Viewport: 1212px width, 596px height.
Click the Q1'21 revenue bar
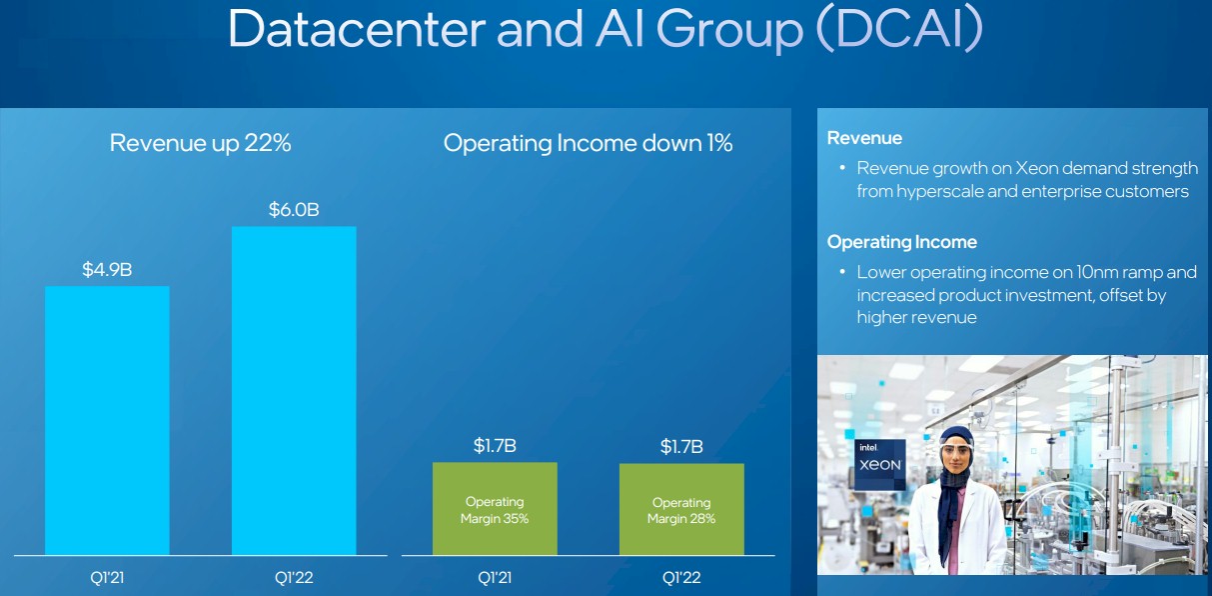pos(107,420)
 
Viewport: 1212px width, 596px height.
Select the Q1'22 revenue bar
pos(294,390)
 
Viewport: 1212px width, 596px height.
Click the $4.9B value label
pos(107,269)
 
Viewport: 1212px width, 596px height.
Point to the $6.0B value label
pos(294,210)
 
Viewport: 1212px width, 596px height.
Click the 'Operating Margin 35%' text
pos(495,510)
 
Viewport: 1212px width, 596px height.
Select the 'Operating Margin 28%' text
pos(681,511)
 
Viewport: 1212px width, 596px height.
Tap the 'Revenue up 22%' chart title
pos(200,143)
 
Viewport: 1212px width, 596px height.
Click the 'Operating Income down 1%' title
pos(588,143)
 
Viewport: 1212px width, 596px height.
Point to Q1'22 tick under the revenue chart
pos(294,577)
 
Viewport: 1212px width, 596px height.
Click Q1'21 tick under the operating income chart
pos(495,577)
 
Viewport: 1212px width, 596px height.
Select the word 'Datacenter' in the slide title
pos(355,30)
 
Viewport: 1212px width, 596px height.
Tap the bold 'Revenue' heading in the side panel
pos(864,138)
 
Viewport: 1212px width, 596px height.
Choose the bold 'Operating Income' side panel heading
pos(901,242)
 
